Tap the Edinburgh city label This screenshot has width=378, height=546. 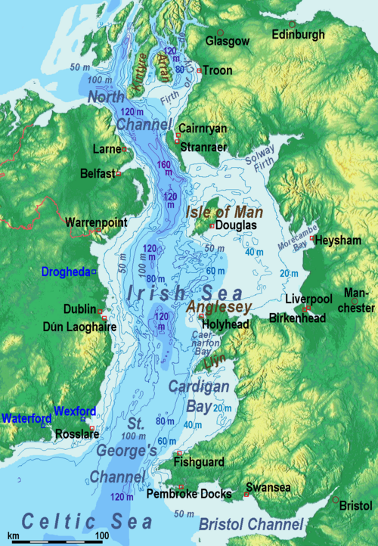pos(299,35)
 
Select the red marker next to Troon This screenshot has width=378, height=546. pos(200,70)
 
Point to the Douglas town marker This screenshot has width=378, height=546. pos(212,225)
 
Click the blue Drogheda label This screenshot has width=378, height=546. pos(66,271)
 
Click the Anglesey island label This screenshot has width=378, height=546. pos(217,308)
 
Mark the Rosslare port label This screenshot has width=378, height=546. pos(72,435)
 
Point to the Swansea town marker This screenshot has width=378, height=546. pos(246,495)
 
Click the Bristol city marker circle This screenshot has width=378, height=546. pos(336,499)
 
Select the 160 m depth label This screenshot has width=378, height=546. pos(164,171)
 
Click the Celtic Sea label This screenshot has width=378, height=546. pos(86,522)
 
